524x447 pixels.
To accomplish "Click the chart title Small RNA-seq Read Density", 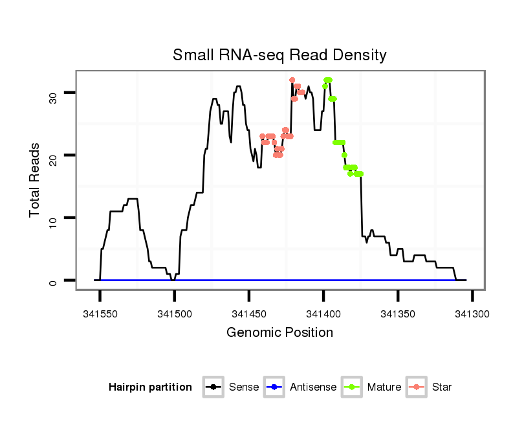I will pyautogui.click(x=279, y=55).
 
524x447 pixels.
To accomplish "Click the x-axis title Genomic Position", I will pyautogui.click(x=279, y=333).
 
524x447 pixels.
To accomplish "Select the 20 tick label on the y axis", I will pyautogui.click(x=53, y=155).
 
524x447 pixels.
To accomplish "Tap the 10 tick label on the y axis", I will pyautogui.click(x=53, y=218).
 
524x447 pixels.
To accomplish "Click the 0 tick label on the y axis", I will pyautogui.click(x=53, y=281).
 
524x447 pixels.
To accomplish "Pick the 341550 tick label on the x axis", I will pyautogui.click(x=100, y=313).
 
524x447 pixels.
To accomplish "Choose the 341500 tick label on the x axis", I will pyautogui.click(x=175, y=313).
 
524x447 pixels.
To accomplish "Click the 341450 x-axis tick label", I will pyautogui.click(x=249, y=313).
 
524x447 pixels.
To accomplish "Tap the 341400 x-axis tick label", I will pyautogui.click(x=323, y=313).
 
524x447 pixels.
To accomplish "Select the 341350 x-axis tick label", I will pyautogui.click(x=398, y=313).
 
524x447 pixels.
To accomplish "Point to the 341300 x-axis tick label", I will pyautogui.click(x=472, y=313).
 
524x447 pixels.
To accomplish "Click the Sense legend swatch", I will pyautogui.click(x=213, y=387).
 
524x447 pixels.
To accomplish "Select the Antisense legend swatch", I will pyautogui.click(x=274, y=387).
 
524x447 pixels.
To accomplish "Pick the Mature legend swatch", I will pyautogui.click(x=352, y=387).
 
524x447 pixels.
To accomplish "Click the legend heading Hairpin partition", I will pyautogui.click(x=150, y=387).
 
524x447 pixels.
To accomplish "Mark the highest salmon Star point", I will pyautogui.click(x=292, y=80).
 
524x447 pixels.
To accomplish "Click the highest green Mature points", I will pyautogui.click(x=328, y=80).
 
